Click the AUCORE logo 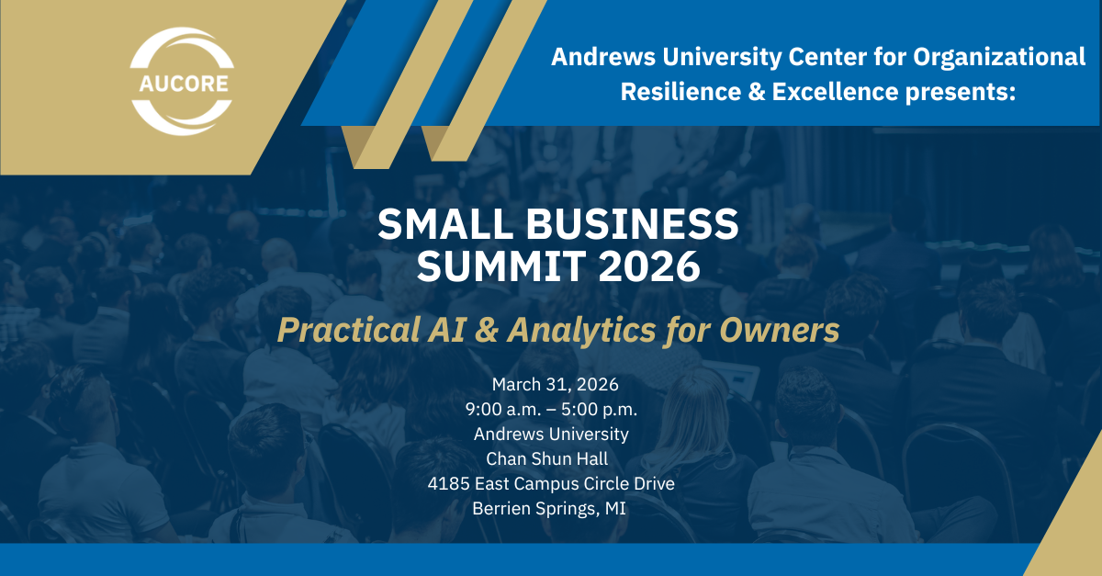180,81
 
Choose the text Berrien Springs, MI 550,508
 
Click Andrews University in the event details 550,434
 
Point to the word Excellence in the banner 839,91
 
